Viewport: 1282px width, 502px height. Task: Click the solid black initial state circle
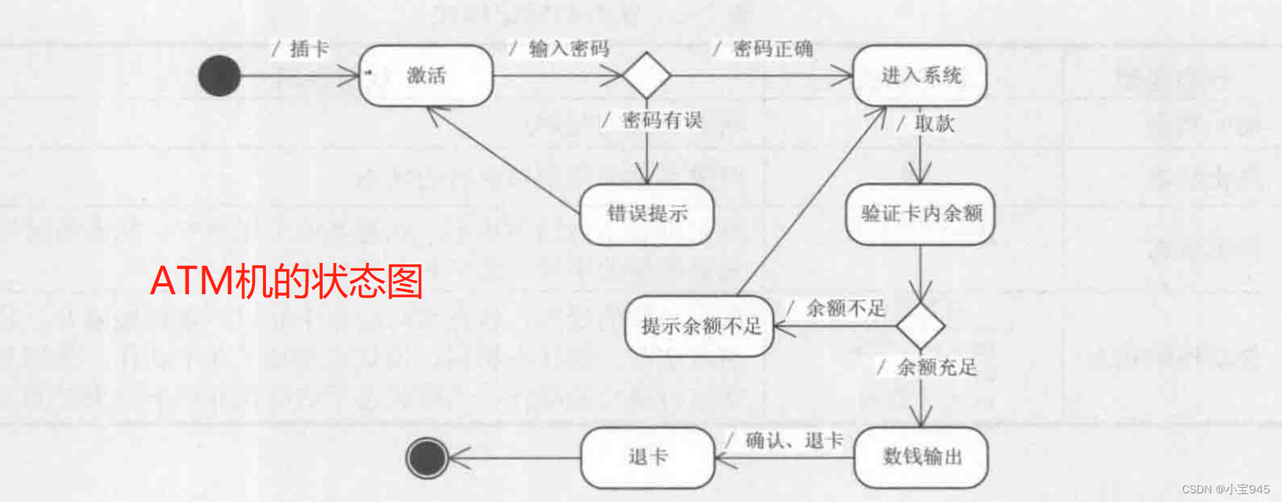(x=220, y=76)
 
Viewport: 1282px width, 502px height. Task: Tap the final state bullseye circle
(x=427, y=457)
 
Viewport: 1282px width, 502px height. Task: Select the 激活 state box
(x=426, y=76)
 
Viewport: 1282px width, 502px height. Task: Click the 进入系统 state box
(x=920, y=76)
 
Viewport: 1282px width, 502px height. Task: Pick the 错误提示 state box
(x=647, y=214)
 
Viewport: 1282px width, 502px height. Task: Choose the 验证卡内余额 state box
(x=921, y=213)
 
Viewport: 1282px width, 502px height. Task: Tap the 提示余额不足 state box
(x=700, y=326)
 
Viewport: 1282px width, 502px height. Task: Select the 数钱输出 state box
(x=921, y=456)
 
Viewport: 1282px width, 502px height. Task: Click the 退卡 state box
(x=648, y=457)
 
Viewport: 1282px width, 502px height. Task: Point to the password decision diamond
(x=647, y=76)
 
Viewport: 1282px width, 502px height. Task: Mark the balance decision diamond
(x=921, y=325)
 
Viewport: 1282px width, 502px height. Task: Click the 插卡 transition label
(x=308, y=49)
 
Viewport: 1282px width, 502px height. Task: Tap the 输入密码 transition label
(x=568, y=49)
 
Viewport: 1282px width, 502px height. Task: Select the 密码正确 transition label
(x=772, y=49)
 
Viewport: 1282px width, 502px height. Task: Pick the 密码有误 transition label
(x=661, y=120)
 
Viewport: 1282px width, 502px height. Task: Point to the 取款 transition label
(x=933, y=123)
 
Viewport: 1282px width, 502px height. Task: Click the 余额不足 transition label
(x=844, y=308)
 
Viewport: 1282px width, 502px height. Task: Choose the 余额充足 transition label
(x=936, y=367)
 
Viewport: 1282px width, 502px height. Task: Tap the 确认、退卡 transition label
(x=793, y=441)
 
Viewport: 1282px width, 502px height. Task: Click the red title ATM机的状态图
(x=286, y=281)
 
